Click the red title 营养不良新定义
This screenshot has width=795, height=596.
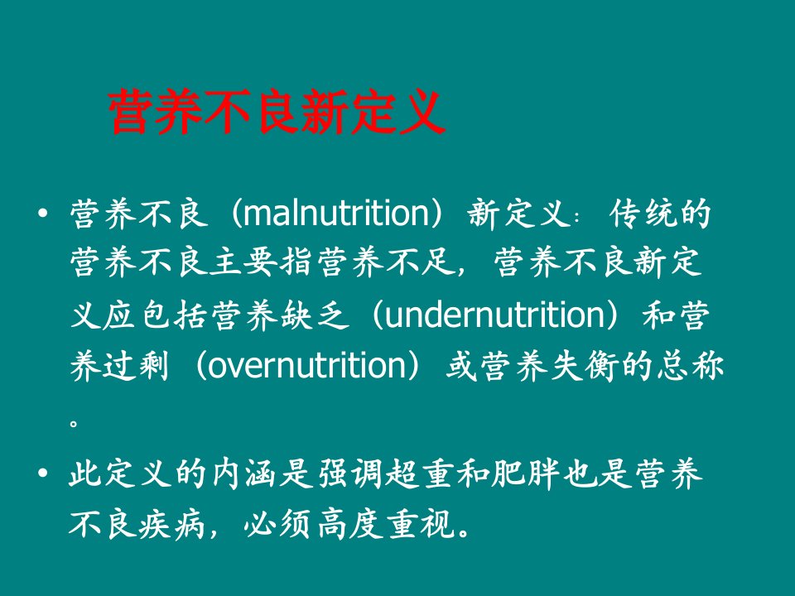(277, 112)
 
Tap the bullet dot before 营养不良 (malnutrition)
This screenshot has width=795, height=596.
(43, 213)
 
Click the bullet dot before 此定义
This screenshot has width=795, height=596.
(43, 473)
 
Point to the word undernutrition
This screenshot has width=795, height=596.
(495, 315)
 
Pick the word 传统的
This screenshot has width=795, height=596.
(660, 214)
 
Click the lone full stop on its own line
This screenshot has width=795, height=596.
(74, 422)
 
